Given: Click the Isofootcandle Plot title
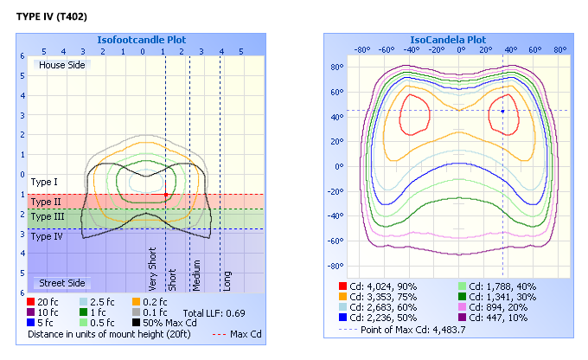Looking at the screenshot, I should click(141, 40).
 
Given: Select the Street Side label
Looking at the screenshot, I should click(60, 283).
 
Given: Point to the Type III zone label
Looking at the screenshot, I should click(47, 216).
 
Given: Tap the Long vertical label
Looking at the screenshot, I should click(227, 280).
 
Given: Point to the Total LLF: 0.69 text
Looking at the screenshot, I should click(214, 312).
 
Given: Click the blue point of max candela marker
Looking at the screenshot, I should click(503, 111).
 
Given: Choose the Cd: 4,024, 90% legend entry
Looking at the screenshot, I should click(382, 285).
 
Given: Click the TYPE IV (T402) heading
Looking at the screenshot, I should click(51, 16).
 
